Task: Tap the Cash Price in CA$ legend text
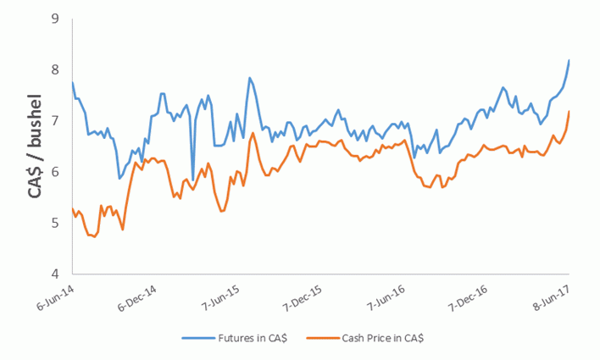(383, 338)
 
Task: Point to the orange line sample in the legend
(320, 338)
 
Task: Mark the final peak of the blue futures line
(568, 61)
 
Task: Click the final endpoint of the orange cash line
(568, 112)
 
